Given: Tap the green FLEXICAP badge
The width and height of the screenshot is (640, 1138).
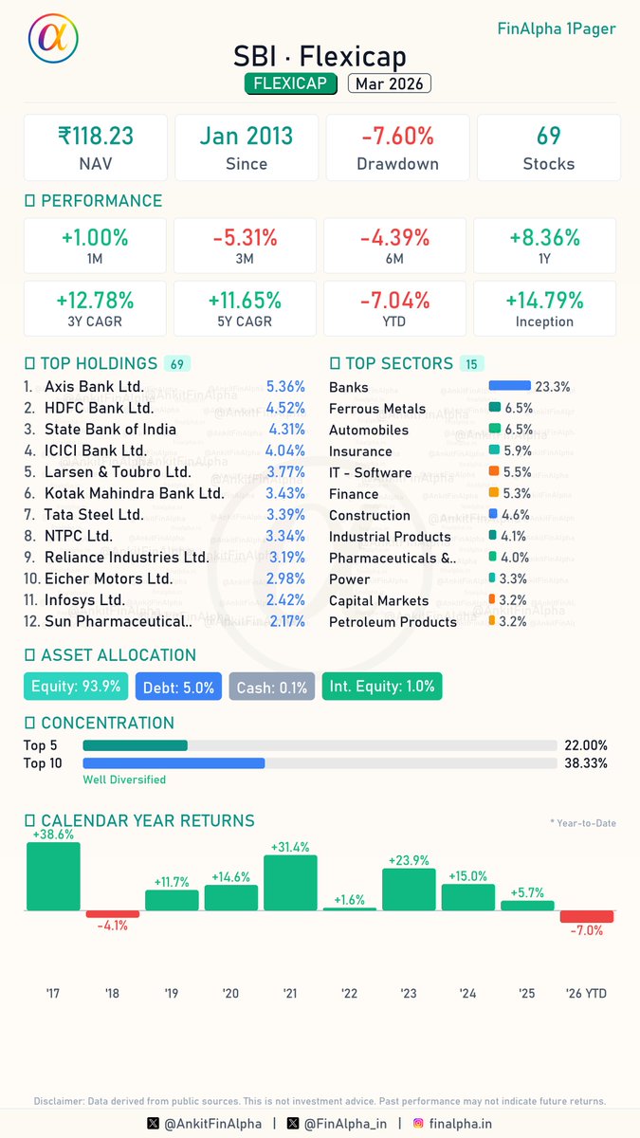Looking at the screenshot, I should pos(291,83).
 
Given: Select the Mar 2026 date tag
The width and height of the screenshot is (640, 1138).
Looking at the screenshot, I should pos(389,83).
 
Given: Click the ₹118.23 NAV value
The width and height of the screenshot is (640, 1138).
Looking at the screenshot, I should pos(95,136).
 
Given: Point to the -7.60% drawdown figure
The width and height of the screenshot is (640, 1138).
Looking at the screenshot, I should pos(397,136).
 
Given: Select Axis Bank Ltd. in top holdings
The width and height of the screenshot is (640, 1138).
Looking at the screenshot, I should pos(94,387).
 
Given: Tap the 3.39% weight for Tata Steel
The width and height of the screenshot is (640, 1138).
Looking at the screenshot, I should pos(285,515).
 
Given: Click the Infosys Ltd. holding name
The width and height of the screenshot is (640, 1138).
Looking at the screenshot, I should pos(84,600).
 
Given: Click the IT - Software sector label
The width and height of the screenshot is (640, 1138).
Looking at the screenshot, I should pos(370,472).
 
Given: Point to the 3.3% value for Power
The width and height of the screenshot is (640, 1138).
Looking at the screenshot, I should pos(514,578).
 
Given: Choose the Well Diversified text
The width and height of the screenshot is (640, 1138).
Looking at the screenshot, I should pos(124,780).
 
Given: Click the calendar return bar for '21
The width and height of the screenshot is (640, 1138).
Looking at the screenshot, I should pos(290,883).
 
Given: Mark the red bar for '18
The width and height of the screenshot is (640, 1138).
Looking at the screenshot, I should pos(113,914).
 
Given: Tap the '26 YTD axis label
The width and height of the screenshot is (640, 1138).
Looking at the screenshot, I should pos(585,993).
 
